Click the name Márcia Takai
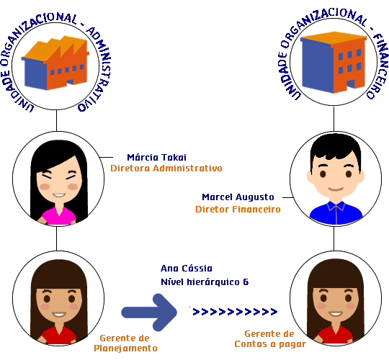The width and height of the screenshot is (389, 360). click(x=156, y=158)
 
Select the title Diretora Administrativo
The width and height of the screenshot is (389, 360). click(x=166, y=168)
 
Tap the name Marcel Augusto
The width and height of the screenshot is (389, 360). click(x=238, y=197)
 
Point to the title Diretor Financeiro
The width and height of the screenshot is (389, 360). click(x=238, y=210)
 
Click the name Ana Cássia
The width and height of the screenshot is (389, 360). click(x=187, y=269)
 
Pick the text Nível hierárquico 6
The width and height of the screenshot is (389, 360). click(x=205, y=282)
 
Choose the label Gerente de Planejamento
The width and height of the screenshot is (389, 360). click(x=125, y=343)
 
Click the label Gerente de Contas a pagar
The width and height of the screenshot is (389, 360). click(x=270, y=339)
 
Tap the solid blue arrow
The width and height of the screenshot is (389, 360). click(x=149, y=312)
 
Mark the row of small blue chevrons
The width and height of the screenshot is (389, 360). click(x=235, y=312)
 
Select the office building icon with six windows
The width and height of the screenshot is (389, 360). click(x=334, y=63)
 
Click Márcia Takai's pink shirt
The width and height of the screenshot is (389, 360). click(x=59, y=216)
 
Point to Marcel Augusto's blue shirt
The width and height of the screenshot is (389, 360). click(x=336, y=213)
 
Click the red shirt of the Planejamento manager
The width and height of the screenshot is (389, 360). click(x=59, y=336)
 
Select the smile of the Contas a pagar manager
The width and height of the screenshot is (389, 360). click(x=336, y=314)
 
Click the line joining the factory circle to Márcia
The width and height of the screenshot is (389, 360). click(x=57, y=120)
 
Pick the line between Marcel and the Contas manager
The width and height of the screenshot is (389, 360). click(x=334, y=238)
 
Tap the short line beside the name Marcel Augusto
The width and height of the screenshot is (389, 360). click(x=287, y=197)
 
